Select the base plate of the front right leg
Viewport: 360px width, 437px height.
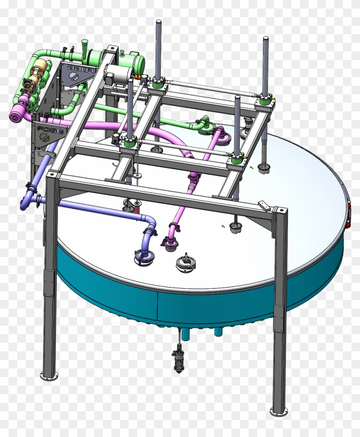(279, 411)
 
